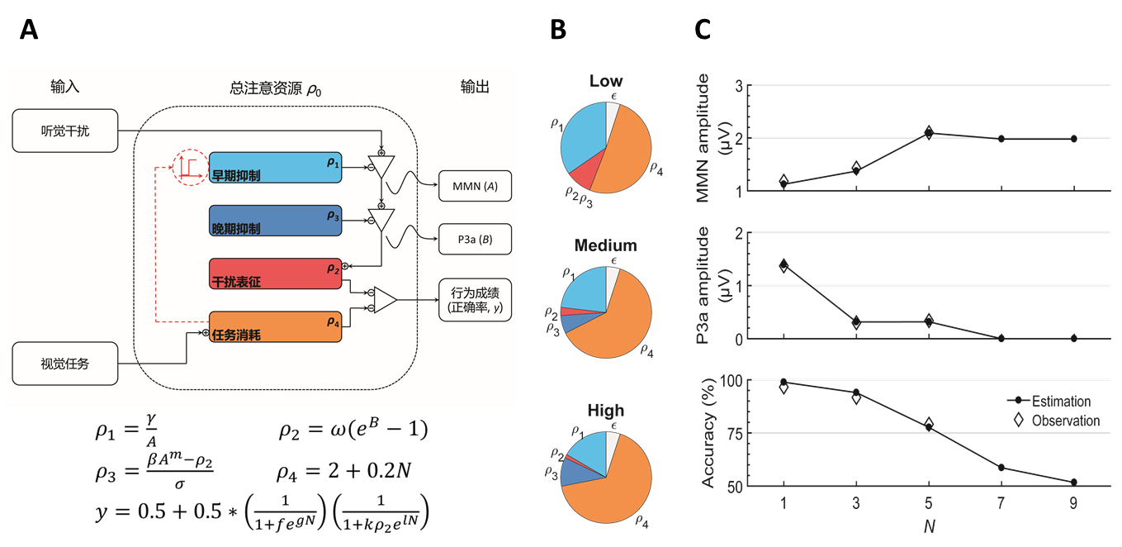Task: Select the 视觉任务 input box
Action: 64,364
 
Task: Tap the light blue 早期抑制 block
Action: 275,169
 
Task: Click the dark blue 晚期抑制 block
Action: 275,221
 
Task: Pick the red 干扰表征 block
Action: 275,273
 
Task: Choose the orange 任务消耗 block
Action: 275,329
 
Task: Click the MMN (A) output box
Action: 475,187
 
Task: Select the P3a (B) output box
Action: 475,240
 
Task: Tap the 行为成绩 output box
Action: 475,301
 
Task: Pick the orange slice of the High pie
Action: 619,483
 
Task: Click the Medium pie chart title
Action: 606,245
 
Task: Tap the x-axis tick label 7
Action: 1001,503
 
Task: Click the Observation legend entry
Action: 1065,421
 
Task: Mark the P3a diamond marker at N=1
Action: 784,265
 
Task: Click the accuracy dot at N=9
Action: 1073,482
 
